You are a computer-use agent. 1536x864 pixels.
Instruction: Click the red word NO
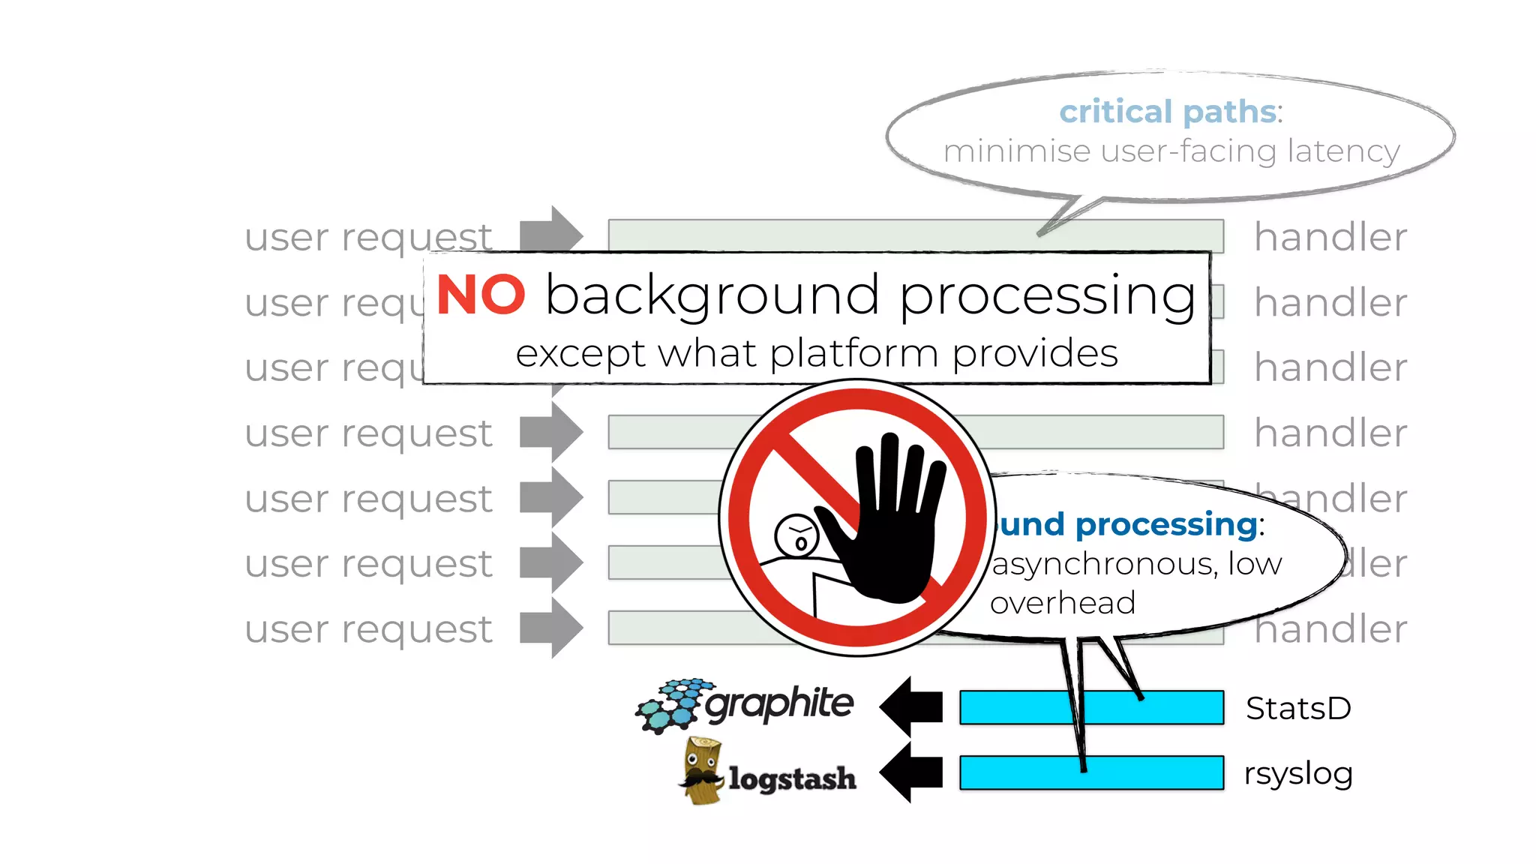pyautogui.click(x=481, y=295)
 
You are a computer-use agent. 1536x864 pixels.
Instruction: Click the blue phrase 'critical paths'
pyautogui.click(x=1168, y=112)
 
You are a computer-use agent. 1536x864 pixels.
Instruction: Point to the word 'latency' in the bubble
pyautogui.click(x=1344, y=151)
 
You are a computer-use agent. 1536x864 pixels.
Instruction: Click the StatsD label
pyautogui.click(x=1298, y=709)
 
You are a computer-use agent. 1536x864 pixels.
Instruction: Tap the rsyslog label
pyautogui.click(x=1298, y=773)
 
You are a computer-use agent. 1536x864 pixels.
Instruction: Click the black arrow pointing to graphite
pyautogui.click(x=912, y=706)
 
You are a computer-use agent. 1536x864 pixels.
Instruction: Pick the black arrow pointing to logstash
pyautogui.click(x=912, y=772)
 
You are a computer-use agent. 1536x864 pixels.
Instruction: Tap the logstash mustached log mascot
pyautogui.click(x=702, y=771)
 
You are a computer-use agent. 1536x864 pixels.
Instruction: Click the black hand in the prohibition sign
pyautogui.click(x=889, y=525)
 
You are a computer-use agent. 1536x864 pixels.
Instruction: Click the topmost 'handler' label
pyautogui.click(x=1330, y=238)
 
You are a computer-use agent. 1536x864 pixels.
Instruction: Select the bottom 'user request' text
pyautogui.click(x=368, y=629)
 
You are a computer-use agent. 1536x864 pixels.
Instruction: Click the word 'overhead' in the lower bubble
pyautogui.click(x=1062, y=603)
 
